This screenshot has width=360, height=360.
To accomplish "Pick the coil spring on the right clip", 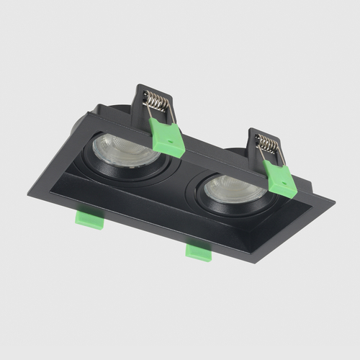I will click(x=267, y=145).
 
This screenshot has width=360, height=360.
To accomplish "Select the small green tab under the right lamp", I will click(x=199, y=251).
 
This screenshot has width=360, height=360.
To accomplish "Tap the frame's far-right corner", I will click(x=333, y=200).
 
